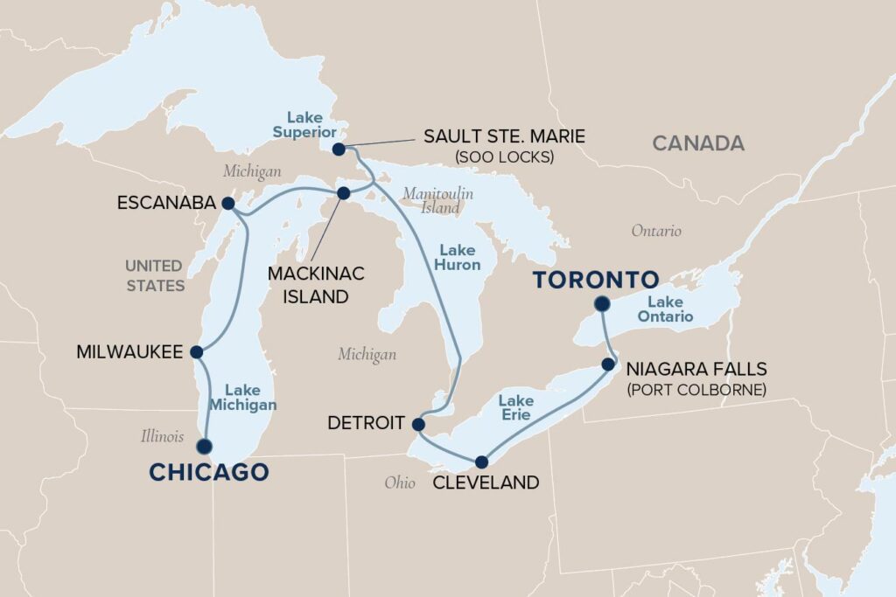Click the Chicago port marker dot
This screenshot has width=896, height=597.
pyautogui.click(x=205, y=446)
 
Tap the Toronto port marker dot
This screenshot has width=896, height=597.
pyautogui.click(x=601, y=304)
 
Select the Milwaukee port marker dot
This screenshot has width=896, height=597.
pyautogui.click(x=196, y=352)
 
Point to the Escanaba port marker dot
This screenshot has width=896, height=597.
pyautogui.click(x=227, y=204)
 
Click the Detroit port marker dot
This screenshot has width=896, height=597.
pyautogui.click(x=417, y=424)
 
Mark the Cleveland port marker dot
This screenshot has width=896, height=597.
pyautogui.click(x=481, y=461)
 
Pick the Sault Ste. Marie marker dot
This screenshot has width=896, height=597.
pyautogui.click(x=339, y=149)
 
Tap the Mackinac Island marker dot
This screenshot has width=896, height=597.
pyautogui.click(x=344, y=192)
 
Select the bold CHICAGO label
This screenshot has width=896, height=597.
pyautogui.click(x=208, y=473)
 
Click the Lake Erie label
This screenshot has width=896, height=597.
pyautogui.click(x=515, y=407)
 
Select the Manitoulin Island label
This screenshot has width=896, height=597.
pyautogui.click(x=437, y=201)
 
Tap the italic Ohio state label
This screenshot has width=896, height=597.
pyautogui.click(x=399, y=482)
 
